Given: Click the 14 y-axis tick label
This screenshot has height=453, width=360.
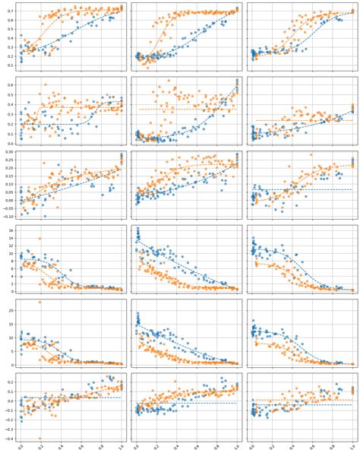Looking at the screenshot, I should pos(12,237).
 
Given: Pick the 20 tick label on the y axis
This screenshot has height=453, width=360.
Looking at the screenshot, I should pos(12,311).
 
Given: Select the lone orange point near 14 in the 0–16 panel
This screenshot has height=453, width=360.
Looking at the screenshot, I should pos(39,238).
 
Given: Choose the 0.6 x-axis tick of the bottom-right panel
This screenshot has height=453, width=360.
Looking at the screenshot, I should pos(311,446).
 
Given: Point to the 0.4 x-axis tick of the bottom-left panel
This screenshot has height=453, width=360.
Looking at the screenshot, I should pos(62,446).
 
